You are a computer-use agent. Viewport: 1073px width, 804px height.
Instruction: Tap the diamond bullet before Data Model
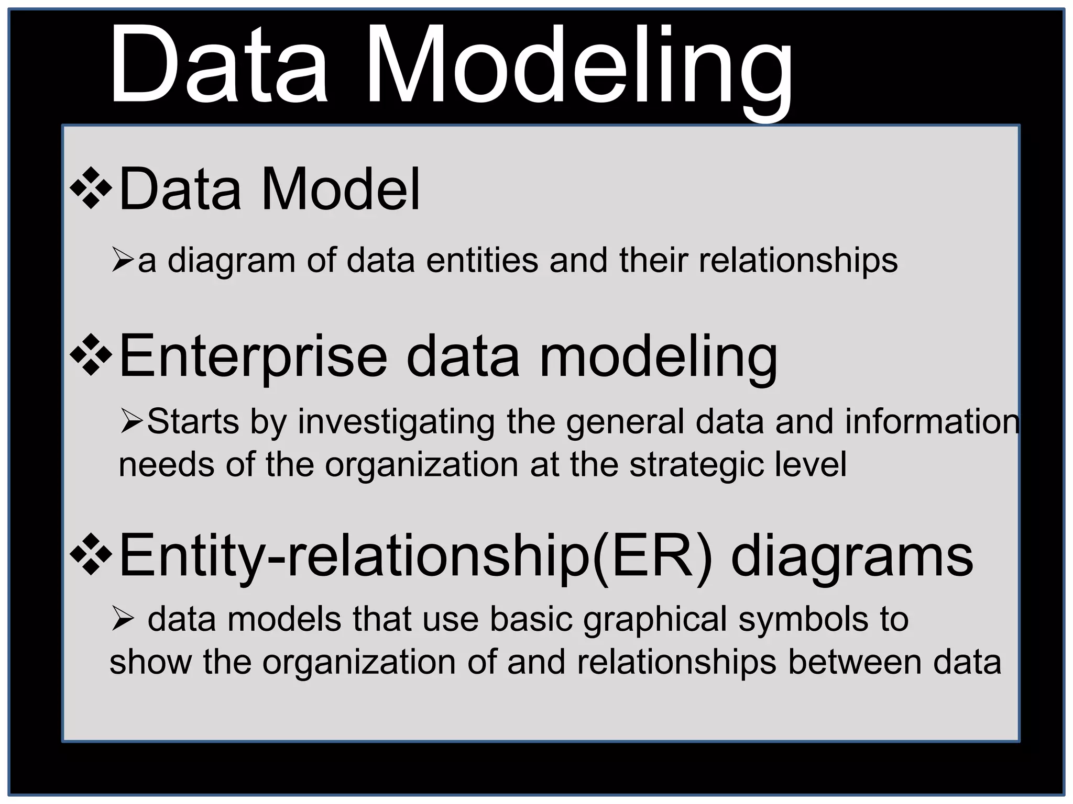coord(91,187)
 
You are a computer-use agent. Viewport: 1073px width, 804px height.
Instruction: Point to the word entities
coord(482,260)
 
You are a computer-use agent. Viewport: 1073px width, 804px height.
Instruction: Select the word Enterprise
coord(254,358)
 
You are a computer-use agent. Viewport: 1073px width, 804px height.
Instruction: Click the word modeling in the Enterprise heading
coord(658,359)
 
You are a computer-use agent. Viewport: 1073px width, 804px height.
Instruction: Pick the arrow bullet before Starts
coord(132,421)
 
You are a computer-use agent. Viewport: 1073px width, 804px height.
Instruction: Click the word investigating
coord(396,422)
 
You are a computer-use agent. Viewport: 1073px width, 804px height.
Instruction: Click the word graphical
coord(655,620)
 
